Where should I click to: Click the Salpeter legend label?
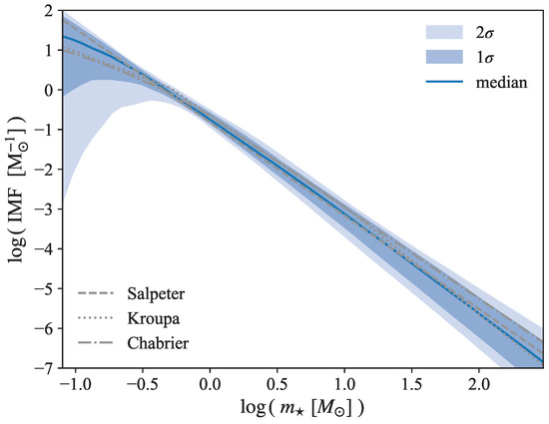[158, 295]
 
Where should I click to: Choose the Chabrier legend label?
[158, 345]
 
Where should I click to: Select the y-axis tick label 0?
[47, 89]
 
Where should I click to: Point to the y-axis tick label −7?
[43, 369]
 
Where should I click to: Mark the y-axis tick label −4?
[43, 248]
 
